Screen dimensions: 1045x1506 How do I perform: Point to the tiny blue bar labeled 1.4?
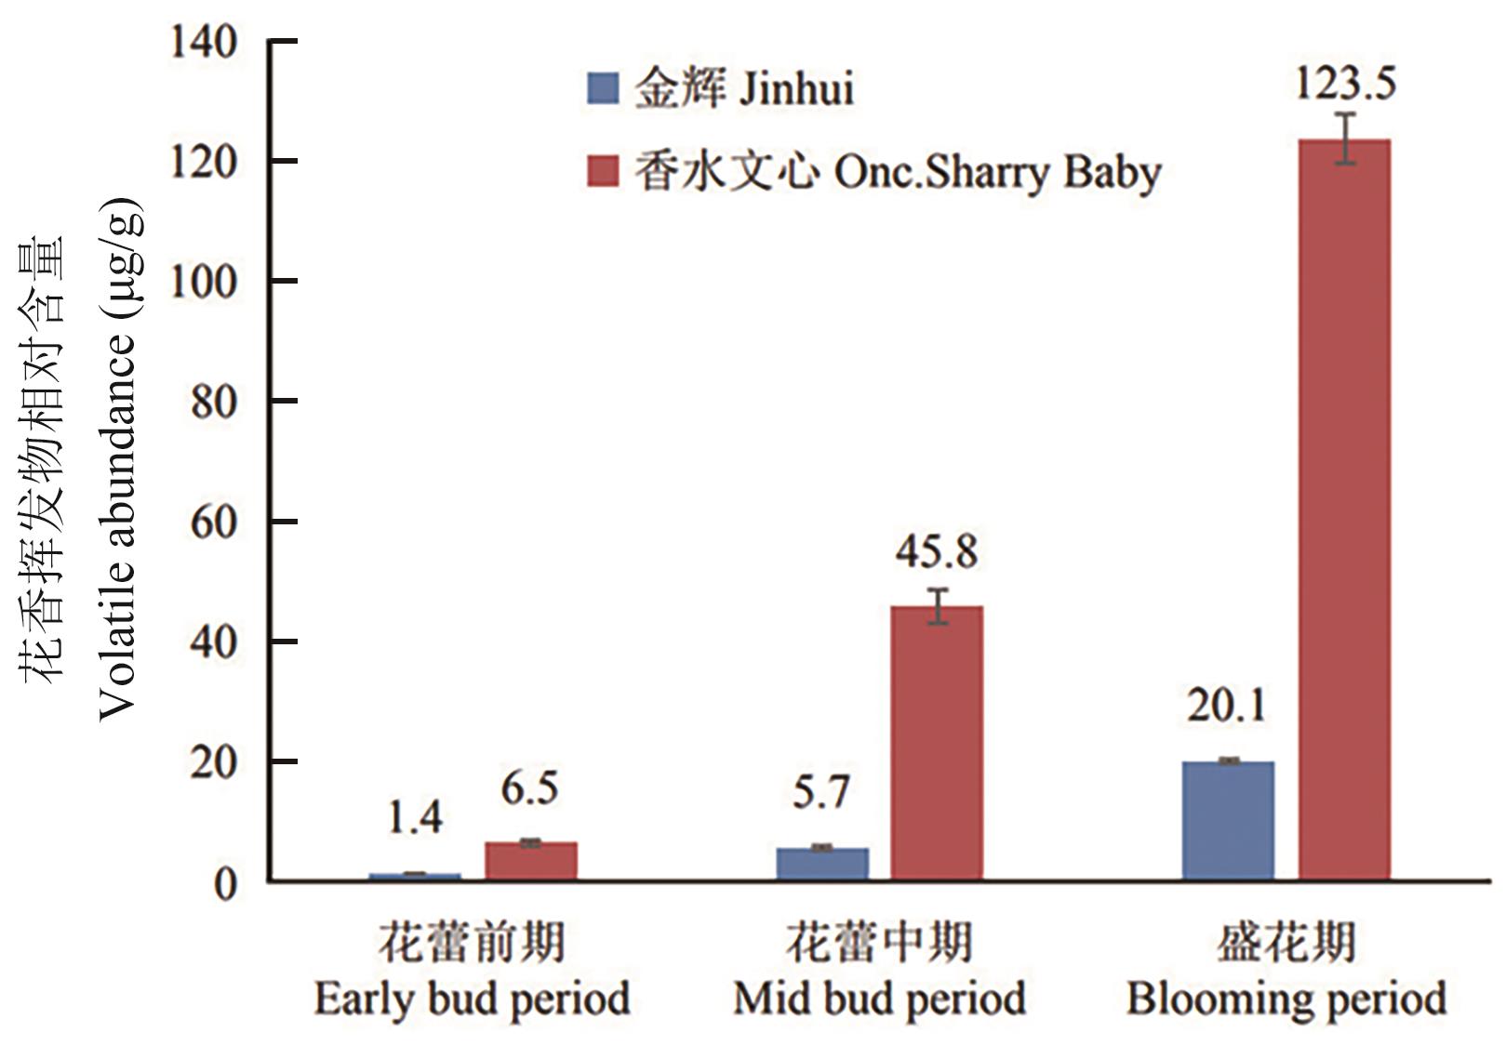(x=415, y=876)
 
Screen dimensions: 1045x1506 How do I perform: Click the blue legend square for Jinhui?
(x=603, y=89)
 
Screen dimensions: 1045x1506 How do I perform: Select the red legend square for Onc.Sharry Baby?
(x=603, y=171)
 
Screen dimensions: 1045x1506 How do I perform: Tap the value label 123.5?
(x=1345, y=84)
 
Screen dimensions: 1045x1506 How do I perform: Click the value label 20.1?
(x=1226, y=706)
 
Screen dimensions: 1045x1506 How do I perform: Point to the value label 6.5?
(x=530, y=789)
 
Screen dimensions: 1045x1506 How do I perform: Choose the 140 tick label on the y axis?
(x=203, y=42)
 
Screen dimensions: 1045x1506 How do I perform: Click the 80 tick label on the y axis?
(x=214, y=402)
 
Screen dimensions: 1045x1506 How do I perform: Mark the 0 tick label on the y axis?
(x=225, y=883)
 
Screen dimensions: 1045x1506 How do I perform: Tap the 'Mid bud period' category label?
(x=879, y=999)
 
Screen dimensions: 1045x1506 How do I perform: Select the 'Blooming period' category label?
(x=1286, y=999)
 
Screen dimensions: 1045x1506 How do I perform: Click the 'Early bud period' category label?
(x=473, y=999)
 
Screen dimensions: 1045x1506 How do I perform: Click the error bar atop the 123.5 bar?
(x=1345, y=139)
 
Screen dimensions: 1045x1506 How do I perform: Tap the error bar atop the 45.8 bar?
(x=938, y=605)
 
